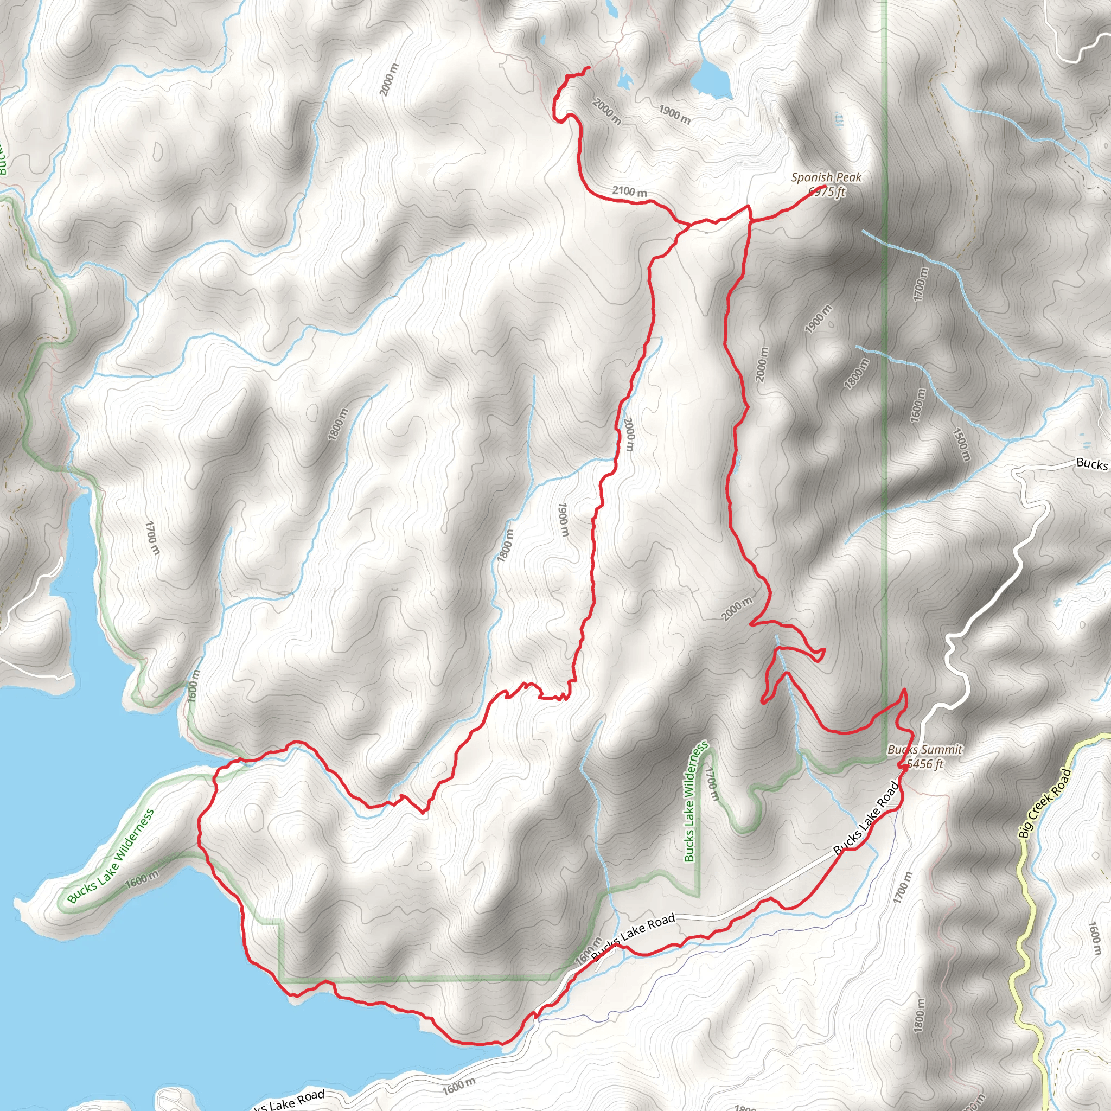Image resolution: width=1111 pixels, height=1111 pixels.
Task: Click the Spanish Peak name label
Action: [826, 178]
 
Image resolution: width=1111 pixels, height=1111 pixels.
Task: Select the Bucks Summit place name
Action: [925, 750]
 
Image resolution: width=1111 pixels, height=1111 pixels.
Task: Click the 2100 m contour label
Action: [629, 191]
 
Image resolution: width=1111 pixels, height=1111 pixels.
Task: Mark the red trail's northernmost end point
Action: [588, 68]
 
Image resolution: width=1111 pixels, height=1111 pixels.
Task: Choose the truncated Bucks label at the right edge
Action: [1091, 463]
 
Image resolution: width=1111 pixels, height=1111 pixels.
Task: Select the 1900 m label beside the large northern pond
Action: [674, 115]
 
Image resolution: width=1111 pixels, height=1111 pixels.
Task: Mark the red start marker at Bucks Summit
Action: [904, 766]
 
